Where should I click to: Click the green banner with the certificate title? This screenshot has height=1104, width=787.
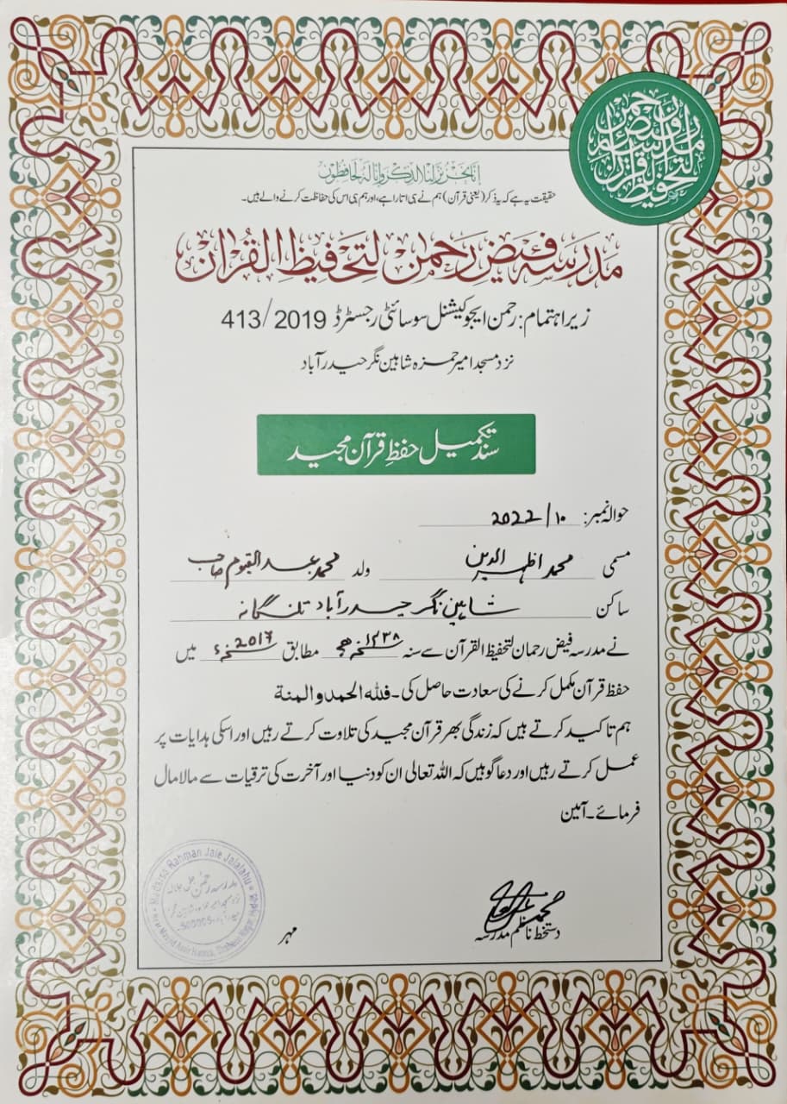(x=396, y=444)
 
